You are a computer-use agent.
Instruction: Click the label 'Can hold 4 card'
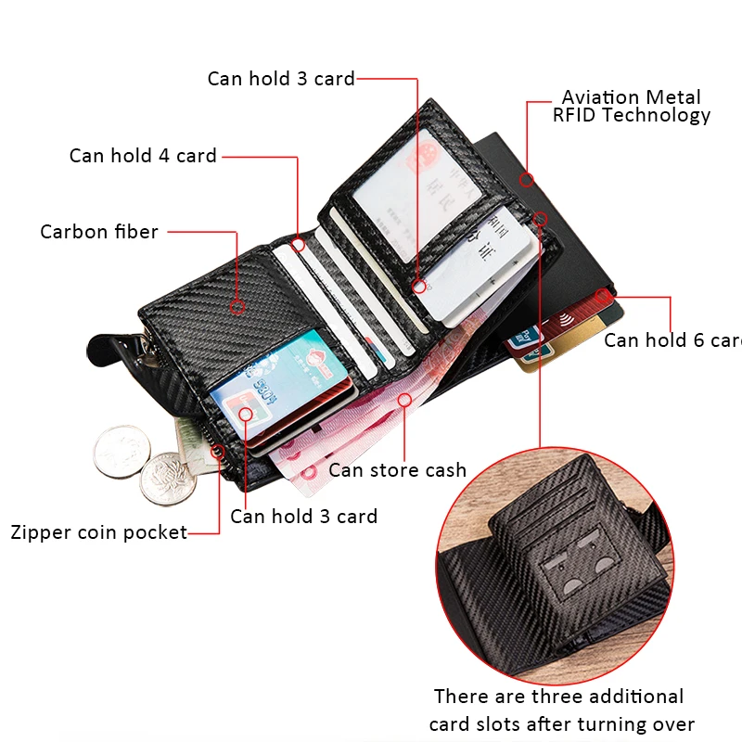point(143,156)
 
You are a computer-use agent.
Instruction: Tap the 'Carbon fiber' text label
point(99,232)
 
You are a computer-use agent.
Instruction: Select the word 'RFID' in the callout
point(581,116)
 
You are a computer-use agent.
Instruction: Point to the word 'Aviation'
point(600,97)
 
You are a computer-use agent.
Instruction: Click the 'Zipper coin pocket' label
point(99,532)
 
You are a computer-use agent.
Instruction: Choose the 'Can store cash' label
point(397,470)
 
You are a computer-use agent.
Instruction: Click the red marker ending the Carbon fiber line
point(237,304)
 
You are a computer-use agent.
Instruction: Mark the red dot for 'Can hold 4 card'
point(299,245)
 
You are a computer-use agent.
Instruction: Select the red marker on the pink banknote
point(404,400)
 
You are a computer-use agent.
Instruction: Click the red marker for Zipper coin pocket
point(219,452)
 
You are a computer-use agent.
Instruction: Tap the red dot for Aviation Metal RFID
point(526,179)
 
